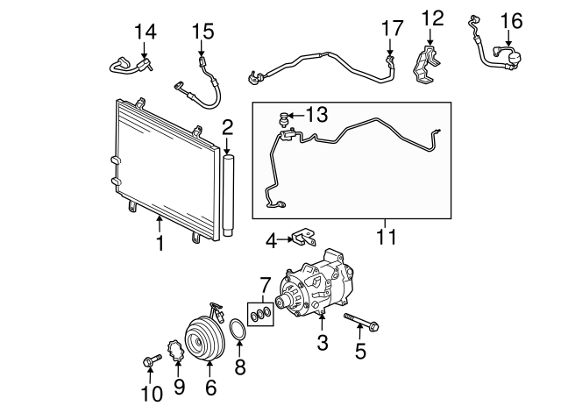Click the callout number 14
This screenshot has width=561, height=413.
145,32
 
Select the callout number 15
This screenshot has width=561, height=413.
202,32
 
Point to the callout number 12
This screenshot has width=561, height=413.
432,17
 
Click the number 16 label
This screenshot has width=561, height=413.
510,19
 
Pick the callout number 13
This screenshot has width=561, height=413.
316,114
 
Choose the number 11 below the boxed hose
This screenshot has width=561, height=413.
385,237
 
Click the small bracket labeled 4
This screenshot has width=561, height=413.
302,238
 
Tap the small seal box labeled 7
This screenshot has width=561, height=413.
260,314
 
